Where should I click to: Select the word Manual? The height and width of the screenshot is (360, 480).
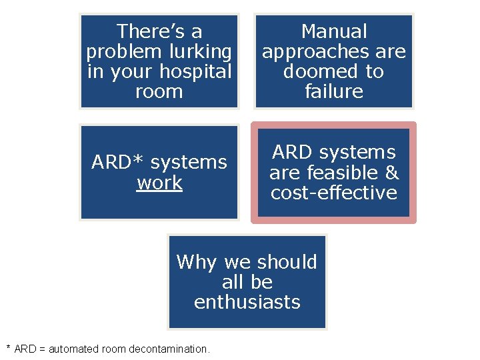coord(334,31)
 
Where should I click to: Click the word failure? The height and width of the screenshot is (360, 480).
coord(334,91)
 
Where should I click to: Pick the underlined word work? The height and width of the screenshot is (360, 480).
coord(159,183)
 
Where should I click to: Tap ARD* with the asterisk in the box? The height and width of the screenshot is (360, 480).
coord(115,163)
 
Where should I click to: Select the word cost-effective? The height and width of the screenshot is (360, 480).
coord(334,193)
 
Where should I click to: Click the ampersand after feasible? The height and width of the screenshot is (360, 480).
coord(392,173)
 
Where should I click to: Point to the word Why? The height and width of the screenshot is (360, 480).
coord(198,262)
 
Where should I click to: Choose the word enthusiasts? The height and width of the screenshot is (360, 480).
coord(247,302)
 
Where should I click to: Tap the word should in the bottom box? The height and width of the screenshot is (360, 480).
coord(289,262)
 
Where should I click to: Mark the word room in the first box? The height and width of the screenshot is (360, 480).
coord(159,91)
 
